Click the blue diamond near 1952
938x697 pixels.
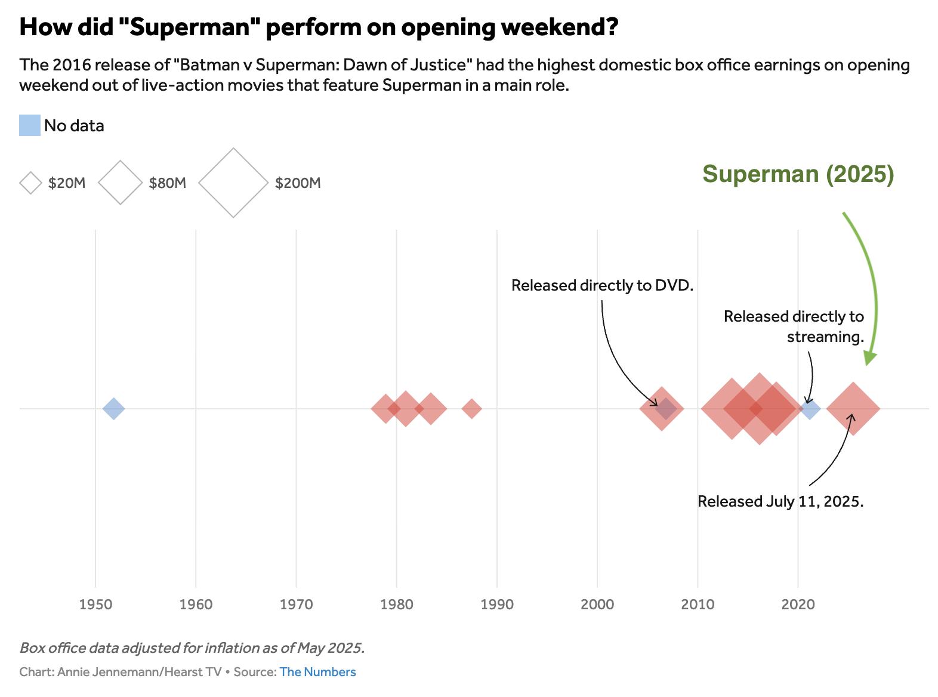113,409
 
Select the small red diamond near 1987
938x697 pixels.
471,409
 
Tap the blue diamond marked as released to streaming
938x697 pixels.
810,409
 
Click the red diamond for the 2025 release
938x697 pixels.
853,409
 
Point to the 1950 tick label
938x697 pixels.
95,605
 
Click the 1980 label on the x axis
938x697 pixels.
397,605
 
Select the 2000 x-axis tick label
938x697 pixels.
597,605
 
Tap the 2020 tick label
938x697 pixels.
798,605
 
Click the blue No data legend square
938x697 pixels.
30,125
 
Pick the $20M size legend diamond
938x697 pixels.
30,183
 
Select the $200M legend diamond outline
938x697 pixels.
233,183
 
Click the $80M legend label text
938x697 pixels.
168,183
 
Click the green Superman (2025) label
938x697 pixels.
798,174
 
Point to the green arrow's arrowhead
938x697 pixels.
870,358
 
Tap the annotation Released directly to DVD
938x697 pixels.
602,285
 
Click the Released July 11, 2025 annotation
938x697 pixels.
780,501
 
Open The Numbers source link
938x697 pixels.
317,672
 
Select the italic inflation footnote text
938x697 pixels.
192,648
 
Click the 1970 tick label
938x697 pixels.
297,605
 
